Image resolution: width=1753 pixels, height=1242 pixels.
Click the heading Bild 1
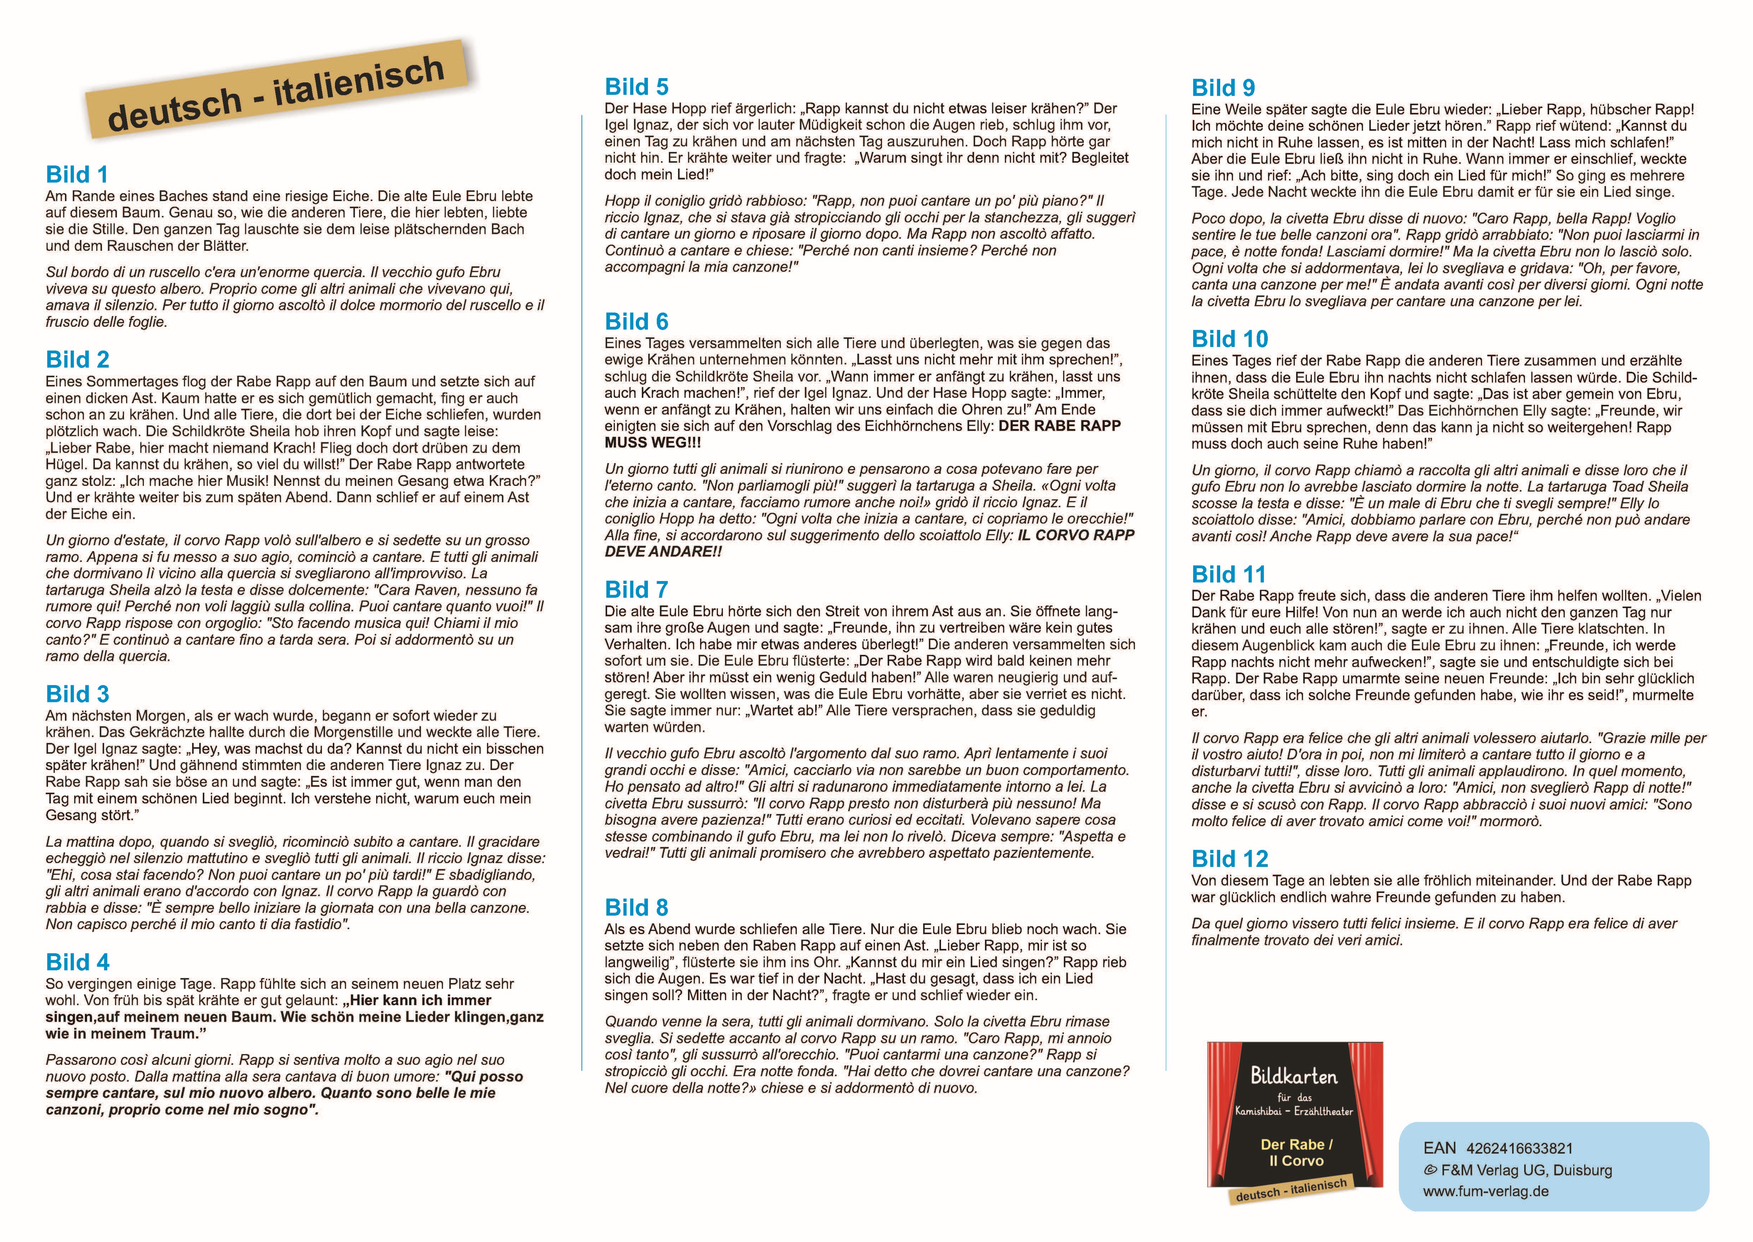click(x=77, y=174)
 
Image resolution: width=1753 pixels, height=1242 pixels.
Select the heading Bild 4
click(x=77, y=962)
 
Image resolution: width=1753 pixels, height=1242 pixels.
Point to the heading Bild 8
click(x=636, y=908)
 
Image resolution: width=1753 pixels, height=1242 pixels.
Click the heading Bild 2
click(x=77, y=359)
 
